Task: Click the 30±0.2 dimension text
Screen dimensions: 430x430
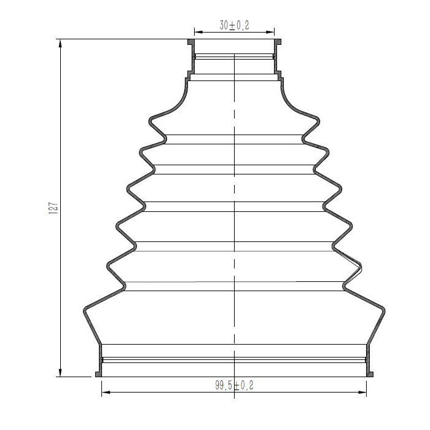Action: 234,25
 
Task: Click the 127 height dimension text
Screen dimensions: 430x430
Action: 53,208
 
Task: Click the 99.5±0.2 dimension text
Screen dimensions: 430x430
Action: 234,385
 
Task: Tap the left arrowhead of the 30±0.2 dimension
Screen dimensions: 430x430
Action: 198,32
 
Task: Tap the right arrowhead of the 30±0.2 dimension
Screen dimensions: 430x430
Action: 270,32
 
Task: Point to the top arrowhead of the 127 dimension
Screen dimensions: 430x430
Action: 60,44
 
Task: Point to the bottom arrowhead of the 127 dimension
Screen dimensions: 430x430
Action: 60,372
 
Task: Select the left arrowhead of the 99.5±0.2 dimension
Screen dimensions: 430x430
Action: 106,392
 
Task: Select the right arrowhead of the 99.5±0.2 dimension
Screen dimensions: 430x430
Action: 362,392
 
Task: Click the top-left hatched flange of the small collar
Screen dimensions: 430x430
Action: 191,42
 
